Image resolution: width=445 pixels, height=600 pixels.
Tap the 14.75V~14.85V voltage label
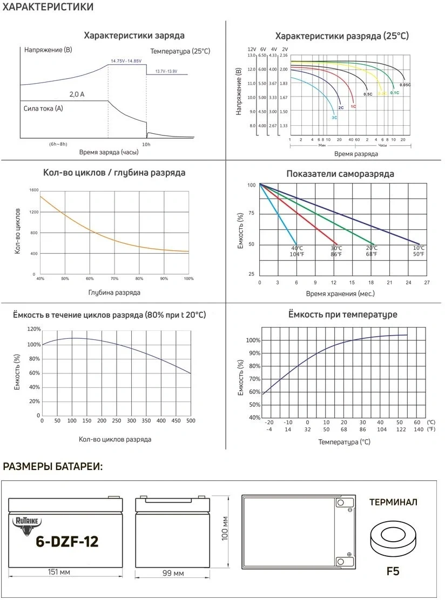tap(126, 61)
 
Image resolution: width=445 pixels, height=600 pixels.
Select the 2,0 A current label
tap(77, 94)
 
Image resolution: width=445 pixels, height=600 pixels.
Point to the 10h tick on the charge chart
tap(146, 144)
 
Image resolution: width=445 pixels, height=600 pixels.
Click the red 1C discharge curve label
tap(353, 106)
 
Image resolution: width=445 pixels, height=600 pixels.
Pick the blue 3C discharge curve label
tap(334, 117)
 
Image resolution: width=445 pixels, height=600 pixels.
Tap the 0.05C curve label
tap(405, 85)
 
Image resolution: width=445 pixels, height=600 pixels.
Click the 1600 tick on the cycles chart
tap(35, 190)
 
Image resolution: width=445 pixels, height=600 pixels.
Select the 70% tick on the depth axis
tap(114, 278)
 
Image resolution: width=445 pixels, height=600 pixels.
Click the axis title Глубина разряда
tap(114, 292)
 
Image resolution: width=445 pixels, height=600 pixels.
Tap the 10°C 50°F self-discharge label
tap(419, 251)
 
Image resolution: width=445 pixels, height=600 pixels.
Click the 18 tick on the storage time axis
tap(370, 282)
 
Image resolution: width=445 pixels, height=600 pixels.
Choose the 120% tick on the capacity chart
tap(33, 329)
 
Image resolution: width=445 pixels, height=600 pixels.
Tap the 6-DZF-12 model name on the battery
tap(67, 542)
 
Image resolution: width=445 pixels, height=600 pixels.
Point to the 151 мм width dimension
tap(59, 572)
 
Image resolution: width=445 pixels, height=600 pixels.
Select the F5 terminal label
tap(393, 570)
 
